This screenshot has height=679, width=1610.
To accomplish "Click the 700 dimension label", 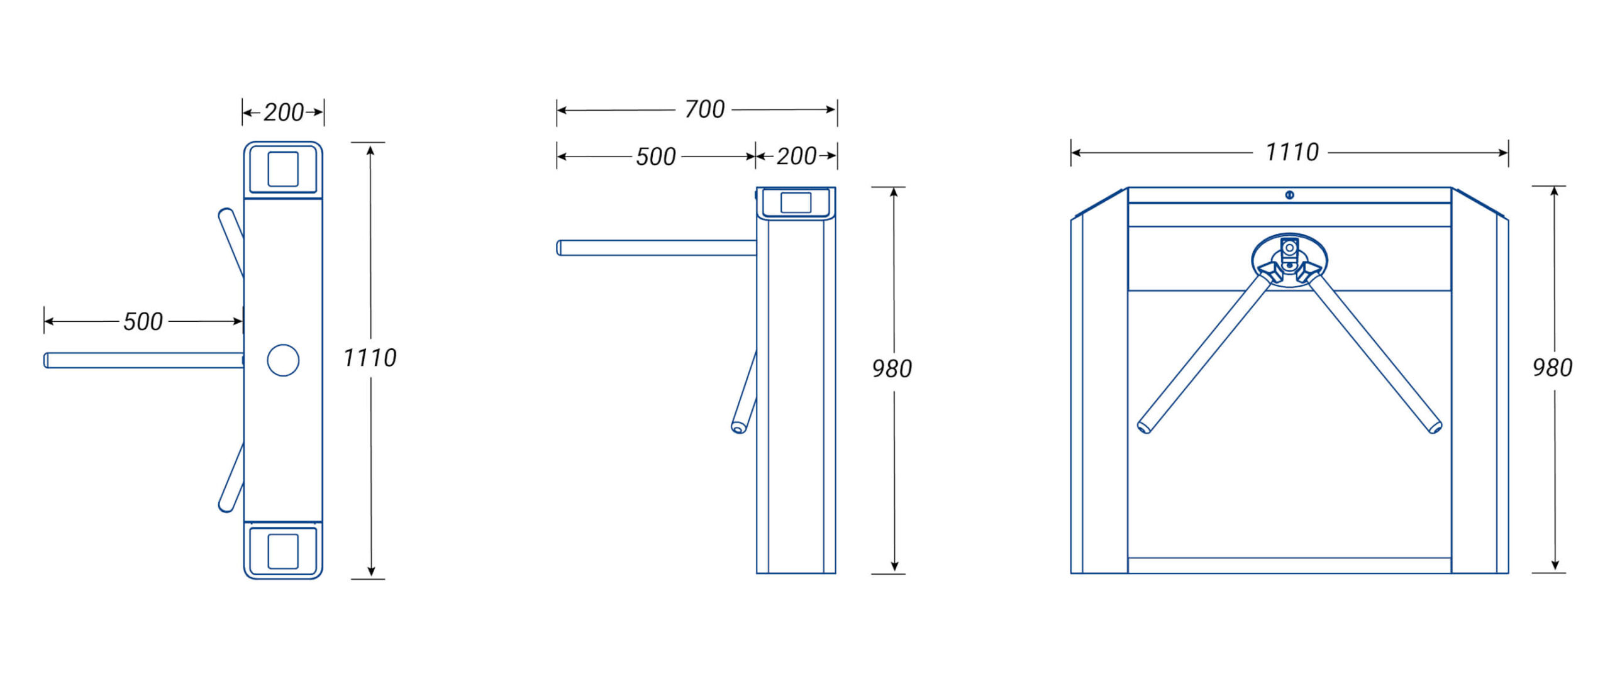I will click(704, 109).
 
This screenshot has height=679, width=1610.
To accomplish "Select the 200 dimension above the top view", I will click(284, 113).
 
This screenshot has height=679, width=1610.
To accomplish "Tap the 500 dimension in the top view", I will click(143, 322).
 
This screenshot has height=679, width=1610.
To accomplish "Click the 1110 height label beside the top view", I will click(370, 358).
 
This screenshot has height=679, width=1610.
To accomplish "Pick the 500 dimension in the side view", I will click(655, 157).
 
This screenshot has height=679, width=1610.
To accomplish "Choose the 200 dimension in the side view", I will click(796, 157).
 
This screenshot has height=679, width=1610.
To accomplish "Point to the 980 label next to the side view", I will click(892, 369).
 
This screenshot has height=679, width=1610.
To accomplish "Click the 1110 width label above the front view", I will click(1292, 152).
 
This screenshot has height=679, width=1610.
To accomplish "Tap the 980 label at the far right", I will click(1552, 368).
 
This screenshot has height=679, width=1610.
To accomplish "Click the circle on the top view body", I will click(283, 360).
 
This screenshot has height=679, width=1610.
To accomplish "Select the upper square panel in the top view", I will click(283, 169).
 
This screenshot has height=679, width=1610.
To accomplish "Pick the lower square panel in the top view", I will click(283, 551).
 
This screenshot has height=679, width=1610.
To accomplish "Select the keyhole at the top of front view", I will click(1289, 195).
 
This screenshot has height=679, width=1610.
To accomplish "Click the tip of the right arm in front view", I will click(1435, 428).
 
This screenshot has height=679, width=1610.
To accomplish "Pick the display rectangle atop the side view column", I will click(796, 202).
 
